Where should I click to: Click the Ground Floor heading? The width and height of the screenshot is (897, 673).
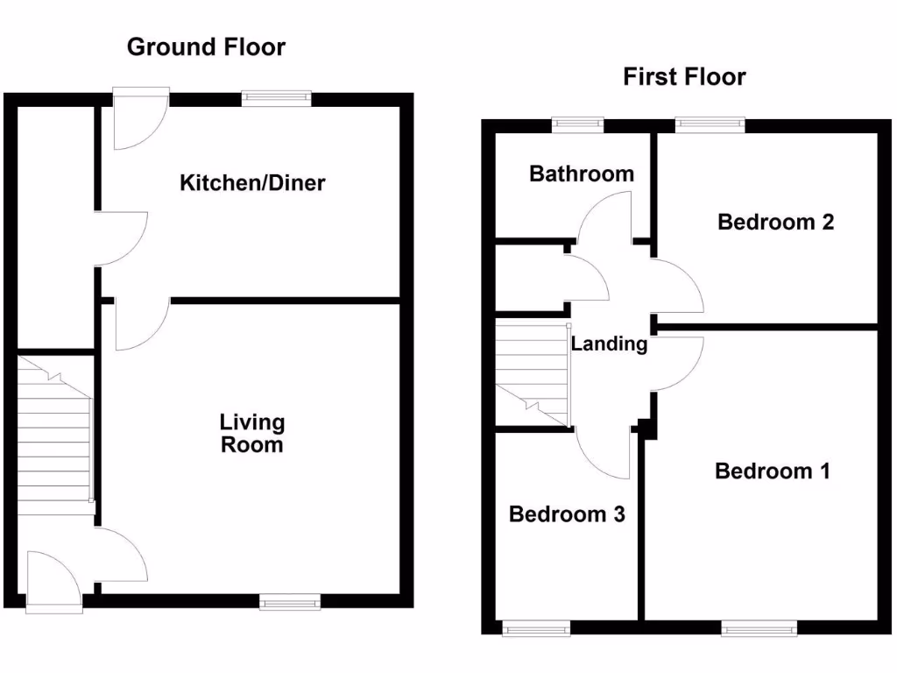click(x=206, y=47)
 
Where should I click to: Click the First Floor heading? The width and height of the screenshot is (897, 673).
click(x=684, y=77)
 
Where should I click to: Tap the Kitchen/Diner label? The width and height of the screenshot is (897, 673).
click(x=252, y=182)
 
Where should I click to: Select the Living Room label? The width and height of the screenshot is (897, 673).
click(x=252, y=433)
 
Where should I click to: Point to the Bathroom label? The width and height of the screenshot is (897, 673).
click(x=582, y=174)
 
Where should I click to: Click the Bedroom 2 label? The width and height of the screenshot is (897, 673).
click(x=776, y=222)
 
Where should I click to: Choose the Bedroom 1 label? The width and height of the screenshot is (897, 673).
click(x=773, y=471)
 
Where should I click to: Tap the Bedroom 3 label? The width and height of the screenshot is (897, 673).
click(x=567, y=514)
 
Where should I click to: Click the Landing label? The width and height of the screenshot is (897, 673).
click(x=610, y=344)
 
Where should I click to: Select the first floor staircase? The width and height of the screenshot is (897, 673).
click(x=533, y=375)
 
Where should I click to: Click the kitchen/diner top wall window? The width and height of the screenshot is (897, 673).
click(x=276, y=98)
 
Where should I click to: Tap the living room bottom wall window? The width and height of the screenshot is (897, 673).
click(x=289, y=601)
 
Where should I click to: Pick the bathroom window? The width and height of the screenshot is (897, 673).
click(x=577, y=124)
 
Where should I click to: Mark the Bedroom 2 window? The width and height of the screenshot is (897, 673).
click(x=710, y=124)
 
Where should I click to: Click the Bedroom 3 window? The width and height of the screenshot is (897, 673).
click(x=536, y=628)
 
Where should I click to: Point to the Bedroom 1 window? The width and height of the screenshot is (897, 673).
click(x=759, y=628)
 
